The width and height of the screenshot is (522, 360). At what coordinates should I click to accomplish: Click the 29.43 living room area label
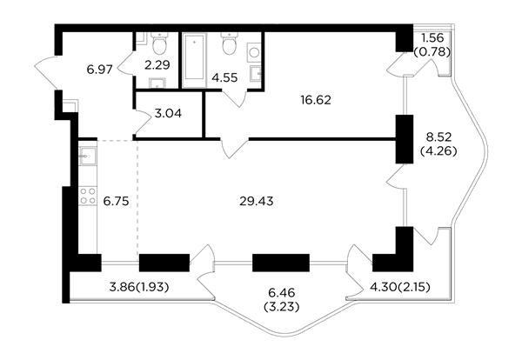click(257, 201)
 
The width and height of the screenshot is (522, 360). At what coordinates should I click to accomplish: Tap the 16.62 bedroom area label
click(316, 100)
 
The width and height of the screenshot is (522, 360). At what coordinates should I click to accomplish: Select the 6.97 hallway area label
click(99, 70)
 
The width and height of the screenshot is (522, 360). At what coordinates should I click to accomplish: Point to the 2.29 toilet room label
click(157, 65)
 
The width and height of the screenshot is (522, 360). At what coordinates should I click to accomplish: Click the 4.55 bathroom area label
click(225, 78)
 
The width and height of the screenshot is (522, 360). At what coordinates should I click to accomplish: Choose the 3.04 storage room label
click(169, 114)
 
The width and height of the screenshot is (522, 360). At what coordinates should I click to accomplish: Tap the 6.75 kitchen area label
click(116, 201)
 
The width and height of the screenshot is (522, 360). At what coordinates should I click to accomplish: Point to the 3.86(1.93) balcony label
click(139, 287)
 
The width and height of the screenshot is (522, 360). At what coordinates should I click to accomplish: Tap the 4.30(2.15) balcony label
click(400, 286)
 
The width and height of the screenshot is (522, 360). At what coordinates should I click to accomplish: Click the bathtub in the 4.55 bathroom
click(194, 60)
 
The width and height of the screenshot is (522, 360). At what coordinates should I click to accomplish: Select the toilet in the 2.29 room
click(159, 43)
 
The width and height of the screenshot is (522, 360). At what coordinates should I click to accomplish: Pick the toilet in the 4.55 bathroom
click(230, 43)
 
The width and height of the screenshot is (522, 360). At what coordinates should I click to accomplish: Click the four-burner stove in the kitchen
click(88, 196)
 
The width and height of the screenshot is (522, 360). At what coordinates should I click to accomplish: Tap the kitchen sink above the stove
click(88, 156)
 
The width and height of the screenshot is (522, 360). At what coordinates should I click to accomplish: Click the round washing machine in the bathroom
click(255, 52)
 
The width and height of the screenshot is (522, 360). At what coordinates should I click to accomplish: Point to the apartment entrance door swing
click(45, 72)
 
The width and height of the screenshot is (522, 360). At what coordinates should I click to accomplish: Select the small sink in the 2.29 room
click(157, 83)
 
